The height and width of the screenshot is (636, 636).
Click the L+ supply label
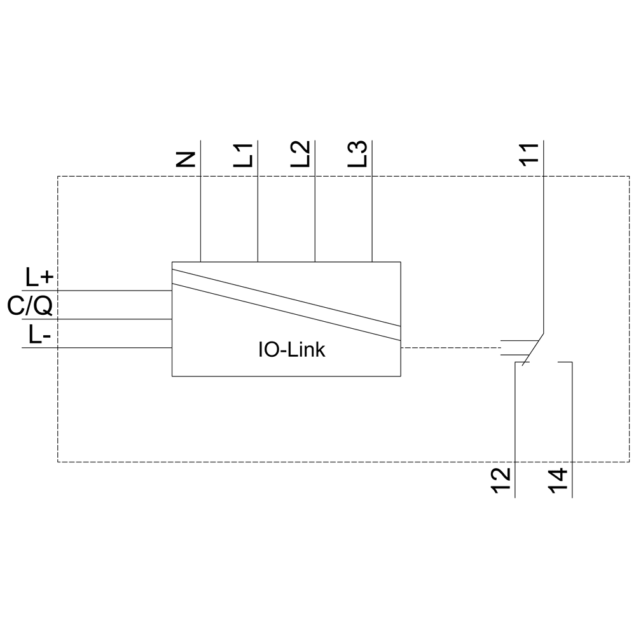pos(40,278)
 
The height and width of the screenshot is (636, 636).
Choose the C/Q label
pos(30,307)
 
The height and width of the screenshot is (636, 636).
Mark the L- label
pos(40,335)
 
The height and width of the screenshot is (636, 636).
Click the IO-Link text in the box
pos(291,350)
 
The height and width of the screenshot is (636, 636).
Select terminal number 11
pos(529,155)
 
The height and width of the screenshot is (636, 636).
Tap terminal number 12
pos(502,481)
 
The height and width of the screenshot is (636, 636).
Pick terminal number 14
pos(558,481)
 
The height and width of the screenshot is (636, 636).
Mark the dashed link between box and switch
pos(452,348)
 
